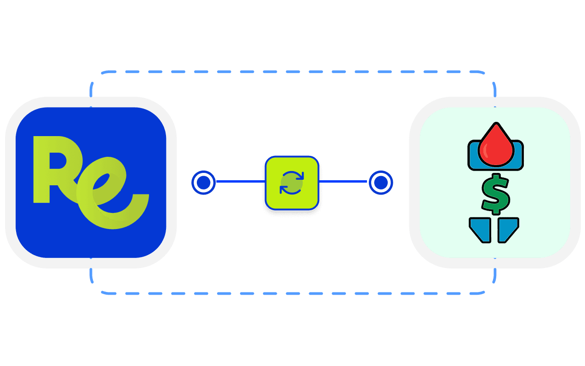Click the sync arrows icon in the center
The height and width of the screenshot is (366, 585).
292,183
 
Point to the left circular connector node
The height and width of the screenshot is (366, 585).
203,183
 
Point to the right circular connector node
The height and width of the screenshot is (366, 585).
380,183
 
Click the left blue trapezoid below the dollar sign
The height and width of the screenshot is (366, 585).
481,229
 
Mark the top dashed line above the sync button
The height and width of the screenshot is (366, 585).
292,72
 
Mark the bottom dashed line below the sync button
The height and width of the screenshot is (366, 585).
292,293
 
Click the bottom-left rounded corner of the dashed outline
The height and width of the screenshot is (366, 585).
95,288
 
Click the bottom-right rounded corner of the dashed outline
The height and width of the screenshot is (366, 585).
490,288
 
